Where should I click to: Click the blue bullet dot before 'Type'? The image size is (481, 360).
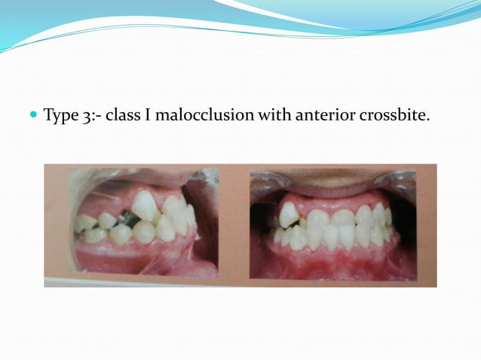click(32, 115)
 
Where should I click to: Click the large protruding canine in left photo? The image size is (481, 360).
click(144, 206)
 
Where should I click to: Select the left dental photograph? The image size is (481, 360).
click(131, 224)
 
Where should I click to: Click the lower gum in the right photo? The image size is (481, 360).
click(332, 260)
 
